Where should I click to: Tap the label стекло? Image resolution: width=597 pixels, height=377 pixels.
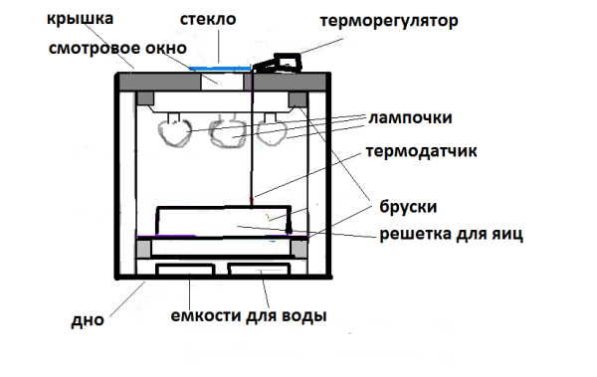(x=207, y=20)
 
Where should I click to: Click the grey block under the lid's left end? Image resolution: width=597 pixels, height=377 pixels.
(x=145, y=99)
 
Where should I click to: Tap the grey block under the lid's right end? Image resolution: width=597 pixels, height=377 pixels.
(x=298, y=99)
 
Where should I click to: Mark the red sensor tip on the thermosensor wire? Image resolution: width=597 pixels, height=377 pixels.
(x=254, y=205)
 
